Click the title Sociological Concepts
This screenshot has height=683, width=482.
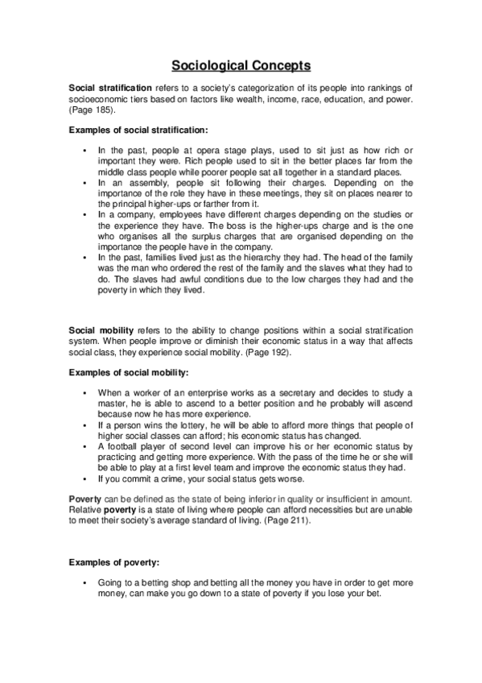(241, 65)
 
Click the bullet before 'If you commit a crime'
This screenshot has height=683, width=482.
(84, 478)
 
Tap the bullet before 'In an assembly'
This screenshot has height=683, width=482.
(84, 183)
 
